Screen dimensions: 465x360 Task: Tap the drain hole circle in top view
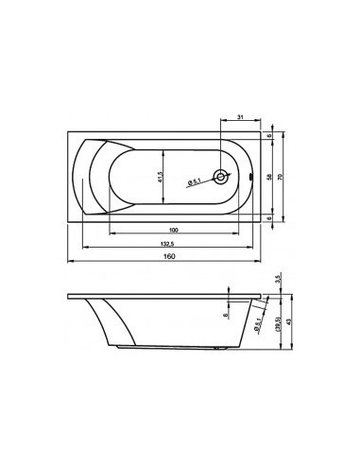[220, 177]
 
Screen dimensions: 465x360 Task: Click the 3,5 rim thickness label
[275, 280]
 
